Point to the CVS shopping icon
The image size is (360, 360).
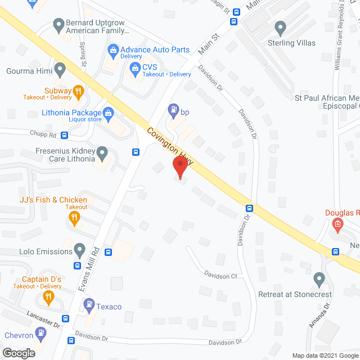135,69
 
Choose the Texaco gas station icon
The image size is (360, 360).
89,304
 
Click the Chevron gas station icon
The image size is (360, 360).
41,333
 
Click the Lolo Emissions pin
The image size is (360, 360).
80,249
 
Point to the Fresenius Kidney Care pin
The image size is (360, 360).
102,152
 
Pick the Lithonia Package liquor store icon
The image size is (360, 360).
109,114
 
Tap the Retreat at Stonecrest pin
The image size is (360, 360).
319,279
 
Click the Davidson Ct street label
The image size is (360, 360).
221,276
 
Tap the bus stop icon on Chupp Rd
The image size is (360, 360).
65,136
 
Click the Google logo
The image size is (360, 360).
18,353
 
